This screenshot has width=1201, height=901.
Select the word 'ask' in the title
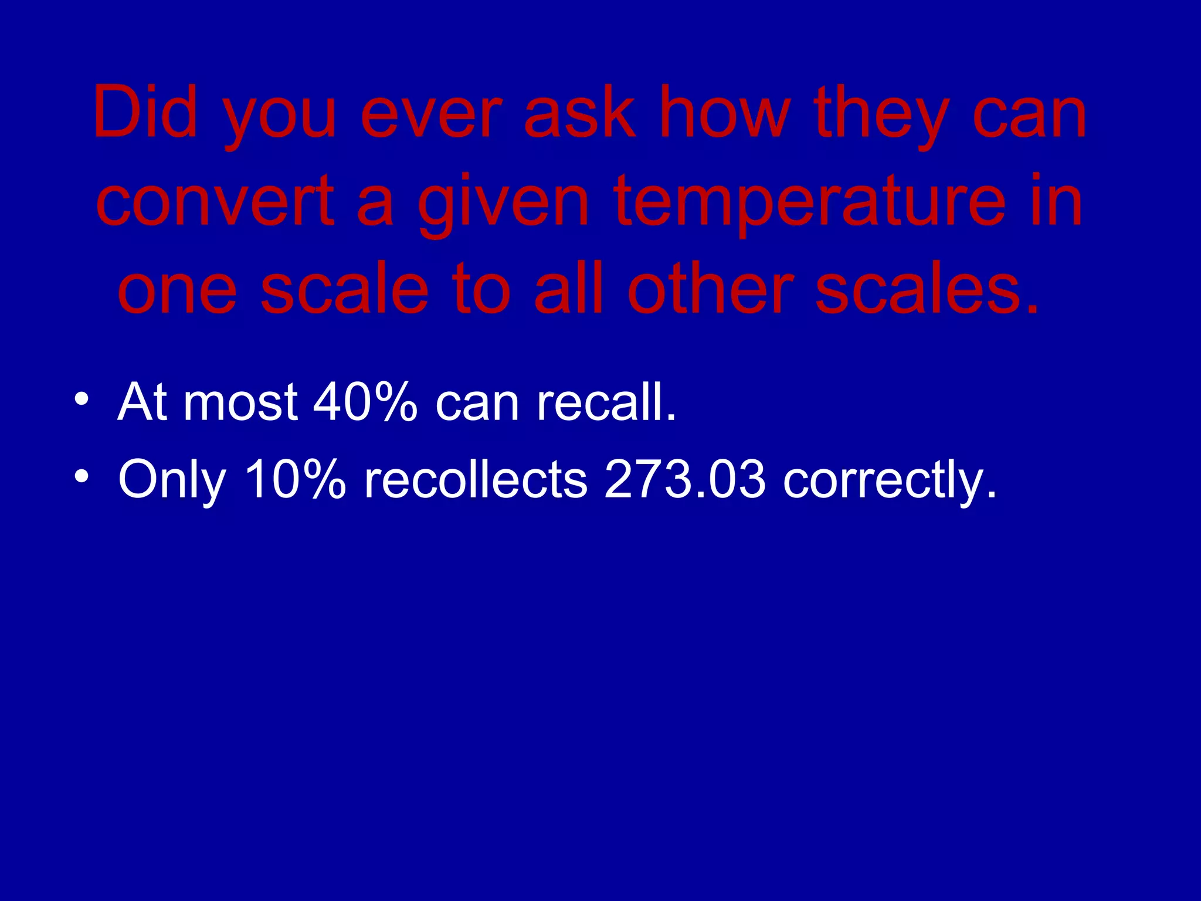point(579,112)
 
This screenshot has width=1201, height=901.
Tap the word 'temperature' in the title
point(809,203)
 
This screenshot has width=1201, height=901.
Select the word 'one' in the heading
point(177,290)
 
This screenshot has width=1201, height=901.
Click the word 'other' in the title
point(710,288)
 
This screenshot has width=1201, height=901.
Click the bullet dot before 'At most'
point(82,399)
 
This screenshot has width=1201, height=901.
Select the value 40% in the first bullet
point(365,402)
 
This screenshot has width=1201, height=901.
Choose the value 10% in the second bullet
point(295,479)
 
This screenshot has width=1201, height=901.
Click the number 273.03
point(684,479)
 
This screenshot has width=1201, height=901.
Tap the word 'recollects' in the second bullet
point(476,479)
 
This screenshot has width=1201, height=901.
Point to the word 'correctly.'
point(889,481)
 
